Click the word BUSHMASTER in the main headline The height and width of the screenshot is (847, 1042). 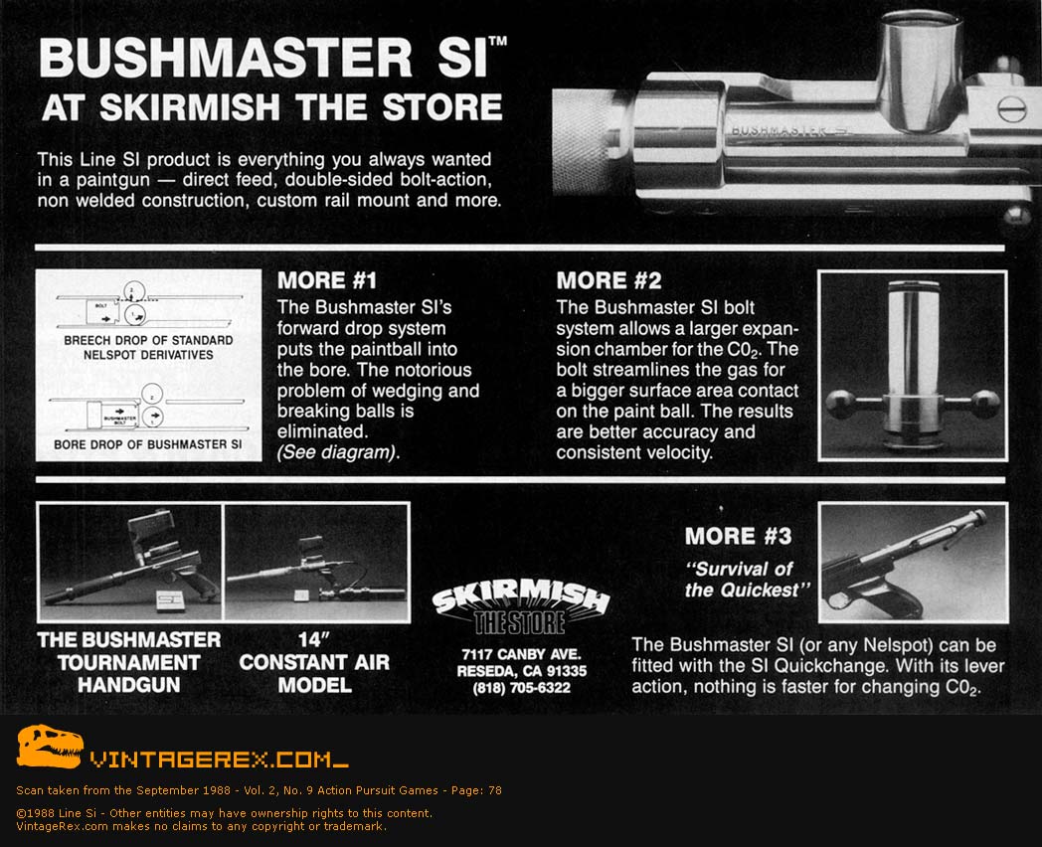[226, 57]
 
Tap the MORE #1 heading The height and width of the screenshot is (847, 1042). [327, 280]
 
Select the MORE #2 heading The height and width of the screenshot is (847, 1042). [608, 280]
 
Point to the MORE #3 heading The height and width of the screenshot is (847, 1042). [739, 536]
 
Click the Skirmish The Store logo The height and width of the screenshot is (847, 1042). [520, 605]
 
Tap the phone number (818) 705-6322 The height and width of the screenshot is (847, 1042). [522, 688]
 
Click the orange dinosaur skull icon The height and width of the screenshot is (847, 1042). [49, 747]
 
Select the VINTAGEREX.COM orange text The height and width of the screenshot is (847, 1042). [220, 759]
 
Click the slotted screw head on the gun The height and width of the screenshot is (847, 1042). [1011, 109]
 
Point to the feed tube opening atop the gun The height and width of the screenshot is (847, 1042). [921, 19]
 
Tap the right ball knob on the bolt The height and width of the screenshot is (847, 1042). [985, 403]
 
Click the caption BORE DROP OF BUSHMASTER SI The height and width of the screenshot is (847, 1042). [147, 444]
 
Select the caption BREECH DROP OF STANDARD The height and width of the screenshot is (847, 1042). [148, 340]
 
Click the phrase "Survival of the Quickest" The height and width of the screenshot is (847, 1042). [748, 580]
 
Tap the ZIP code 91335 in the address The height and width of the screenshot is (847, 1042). [565, 671]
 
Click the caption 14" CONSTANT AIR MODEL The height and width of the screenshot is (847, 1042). [314, 662]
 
